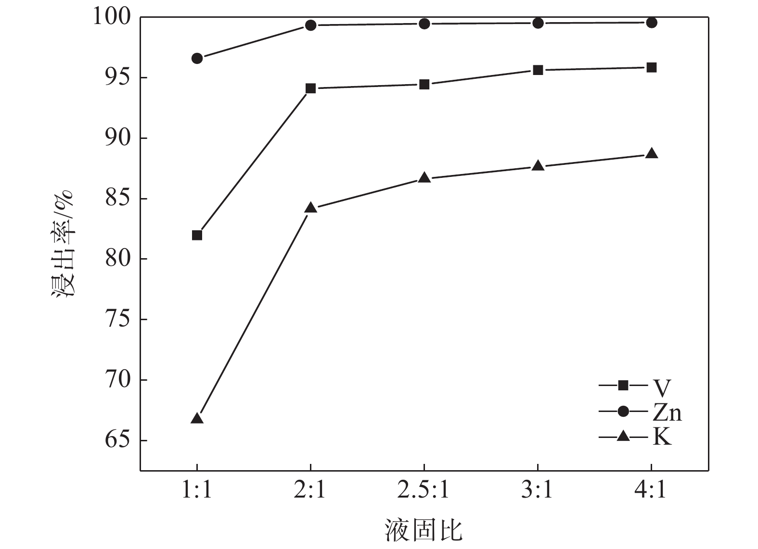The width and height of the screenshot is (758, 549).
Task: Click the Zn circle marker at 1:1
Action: [197, 59]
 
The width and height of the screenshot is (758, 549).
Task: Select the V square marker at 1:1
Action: [197, 235]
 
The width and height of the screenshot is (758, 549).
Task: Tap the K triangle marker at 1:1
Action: [197, 418]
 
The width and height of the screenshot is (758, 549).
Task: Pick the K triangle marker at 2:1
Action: [310, 208]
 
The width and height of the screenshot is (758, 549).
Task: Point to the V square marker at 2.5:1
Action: [424, 85]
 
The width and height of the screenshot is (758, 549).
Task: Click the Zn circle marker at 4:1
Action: [651, 23]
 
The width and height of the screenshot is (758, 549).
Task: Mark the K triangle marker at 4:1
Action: [651, 154]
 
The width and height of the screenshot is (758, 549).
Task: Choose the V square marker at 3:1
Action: [538, 70]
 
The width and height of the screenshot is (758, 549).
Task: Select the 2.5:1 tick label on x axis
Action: [424, 490]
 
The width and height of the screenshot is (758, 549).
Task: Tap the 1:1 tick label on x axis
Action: [197, 490]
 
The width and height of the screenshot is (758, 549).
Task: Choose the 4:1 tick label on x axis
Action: [651, 490]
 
